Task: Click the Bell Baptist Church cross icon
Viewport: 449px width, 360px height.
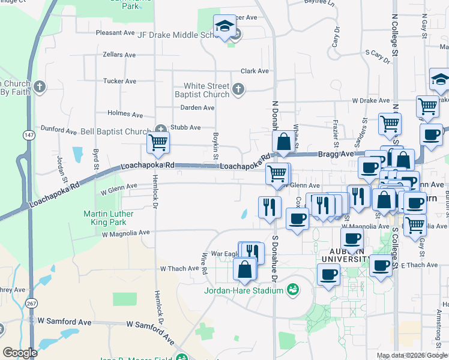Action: coord(160,129)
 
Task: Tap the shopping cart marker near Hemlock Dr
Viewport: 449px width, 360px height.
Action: coord(158,143)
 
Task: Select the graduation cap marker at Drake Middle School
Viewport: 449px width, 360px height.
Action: coord(225,26)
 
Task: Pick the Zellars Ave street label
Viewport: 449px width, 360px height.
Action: coord(119,55)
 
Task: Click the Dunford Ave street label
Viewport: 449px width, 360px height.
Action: coord(58,129)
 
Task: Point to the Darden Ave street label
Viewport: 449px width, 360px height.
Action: coord(197,108)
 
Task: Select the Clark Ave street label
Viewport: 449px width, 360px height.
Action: coord(255,71)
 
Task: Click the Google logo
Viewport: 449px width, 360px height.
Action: coord(20,353)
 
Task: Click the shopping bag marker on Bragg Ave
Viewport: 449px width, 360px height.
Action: coord(284,142)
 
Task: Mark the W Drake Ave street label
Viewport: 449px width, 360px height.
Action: coord(371,100)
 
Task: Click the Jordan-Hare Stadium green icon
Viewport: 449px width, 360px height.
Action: coord(293,290)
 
